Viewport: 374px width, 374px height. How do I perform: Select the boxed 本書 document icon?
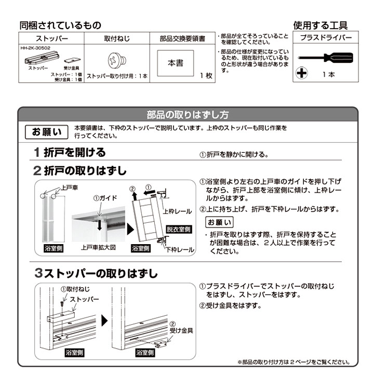176,63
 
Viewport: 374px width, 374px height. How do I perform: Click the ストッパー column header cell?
51,38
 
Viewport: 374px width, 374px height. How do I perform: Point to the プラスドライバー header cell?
326,38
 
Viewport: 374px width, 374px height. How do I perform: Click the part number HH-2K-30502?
35,47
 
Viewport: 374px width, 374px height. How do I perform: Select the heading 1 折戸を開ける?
70,153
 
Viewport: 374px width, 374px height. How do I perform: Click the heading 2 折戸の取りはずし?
81,170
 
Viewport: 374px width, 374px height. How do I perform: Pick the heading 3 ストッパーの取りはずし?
96,273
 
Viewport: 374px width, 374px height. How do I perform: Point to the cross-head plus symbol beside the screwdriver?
301,73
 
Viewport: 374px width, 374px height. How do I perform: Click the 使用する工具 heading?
320,25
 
